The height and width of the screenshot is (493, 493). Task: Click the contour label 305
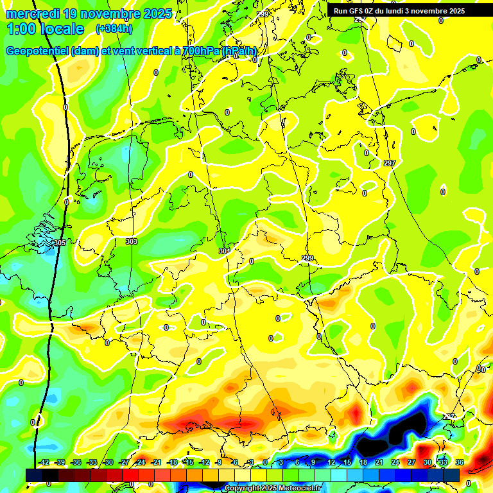pyautogui.click(x=60, y=243)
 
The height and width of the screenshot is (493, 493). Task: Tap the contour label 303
pyautogui.click(x=131, y=241)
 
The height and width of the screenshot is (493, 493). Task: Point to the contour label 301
pyautogui.click(x=223, y=251)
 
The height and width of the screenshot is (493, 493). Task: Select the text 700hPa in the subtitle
pyautogui.click(x=200, y=51)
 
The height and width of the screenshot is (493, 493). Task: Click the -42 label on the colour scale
pyautogui.click(x=44, y=462)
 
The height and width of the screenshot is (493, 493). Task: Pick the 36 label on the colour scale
pyautogui.click(x=460, y=462)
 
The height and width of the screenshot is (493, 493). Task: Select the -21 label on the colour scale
pyautogui.click(x=156, y=462)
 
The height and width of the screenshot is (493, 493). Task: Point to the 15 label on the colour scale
pyautogui.click(x=347, y=462)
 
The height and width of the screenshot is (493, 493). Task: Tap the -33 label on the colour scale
pyautogui.click(x=92, y=462)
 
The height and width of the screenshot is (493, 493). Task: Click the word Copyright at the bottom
pyautogui.click(x=242, y=489)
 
